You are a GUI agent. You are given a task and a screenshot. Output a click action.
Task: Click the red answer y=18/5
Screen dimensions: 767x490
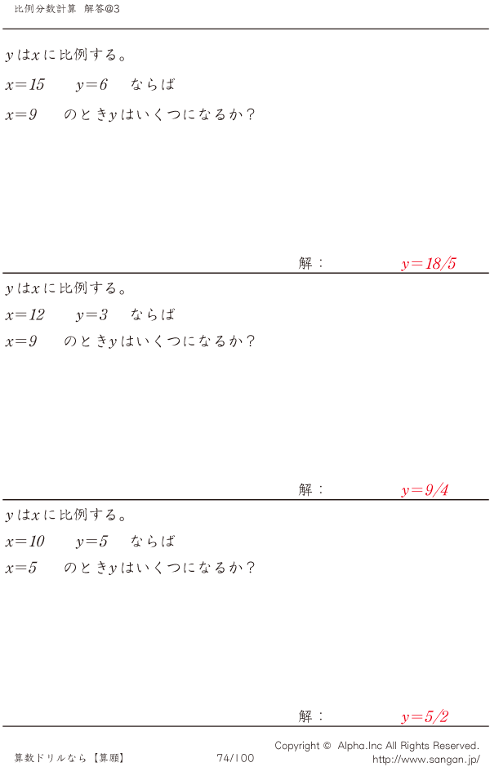(429, 264)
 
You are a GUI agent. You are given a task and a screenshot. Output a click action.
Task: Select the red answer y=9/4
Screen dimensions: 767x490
(425, 491)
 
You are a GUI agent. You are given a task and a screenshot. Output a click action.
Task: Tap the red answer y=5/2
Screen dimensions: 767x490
(425, 717)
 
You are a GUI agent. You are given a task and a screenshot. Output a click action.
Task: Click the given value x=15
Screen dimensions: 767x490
(24, 85)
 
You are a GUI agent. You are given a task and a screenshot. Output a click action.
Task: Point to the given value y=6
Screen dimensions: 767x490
(91, 85)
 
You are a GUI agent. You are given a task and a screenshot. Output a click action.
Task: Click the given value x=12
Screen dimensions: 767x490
(24, 315)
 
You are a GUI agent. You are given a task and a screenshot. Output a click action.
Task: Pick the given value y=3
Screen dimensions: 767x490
(91, 315)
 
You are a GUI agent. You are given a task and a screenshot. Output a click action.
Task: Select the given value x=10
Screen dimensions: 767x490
(24, 542)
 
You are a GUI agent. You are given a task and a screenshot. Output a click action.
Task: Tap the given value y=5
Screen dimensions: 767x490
(91, 542)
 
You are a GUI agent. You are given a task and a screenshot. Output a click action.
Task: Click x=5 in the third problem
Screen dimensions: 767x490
(21, 568)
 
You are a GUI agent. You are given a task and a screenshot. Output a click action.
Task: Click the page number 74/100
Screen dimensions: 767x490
(235, 758)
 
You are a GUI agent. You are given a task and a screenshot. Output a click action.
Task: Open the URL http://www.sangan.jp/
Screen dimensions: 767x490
(425, 759)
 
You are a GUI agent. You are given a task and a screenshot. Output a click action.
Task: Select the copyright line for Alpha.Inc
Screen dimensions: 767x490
(376, 746)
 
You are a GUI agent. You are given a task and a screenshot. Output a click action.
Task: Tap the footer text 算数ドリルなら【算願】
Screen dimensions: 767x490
(69, 758)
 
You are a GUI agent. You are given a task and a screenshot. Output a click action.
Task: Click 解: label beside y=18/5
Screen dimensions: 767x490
(311, 264)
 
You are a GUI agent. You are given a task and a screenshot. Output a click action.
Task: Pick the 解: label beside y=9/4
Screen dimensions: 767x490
(311, 490)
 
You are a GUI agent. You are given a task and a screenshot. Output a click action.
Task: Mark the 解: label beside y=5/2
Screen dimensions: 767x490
(311, 716)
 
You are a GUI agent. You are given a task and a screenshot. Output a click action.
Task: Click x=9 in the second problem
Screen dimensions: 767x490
(21, 341)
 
